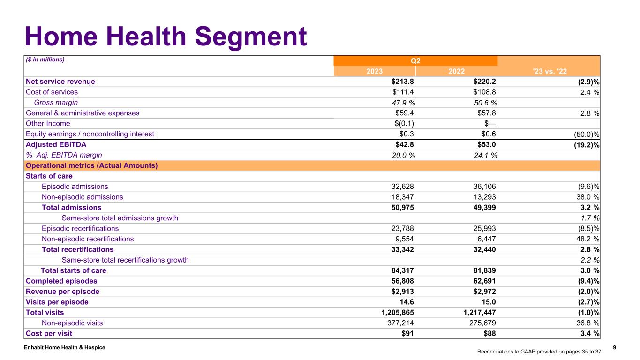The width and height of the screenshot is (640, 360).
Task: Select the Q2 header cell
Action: click(x=415, y=60)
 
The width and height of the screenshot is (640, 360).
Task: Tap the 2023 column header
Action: click(x=374, y=71)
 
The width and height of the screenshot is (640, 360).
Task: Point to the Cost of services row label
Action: click(x=52, y=92)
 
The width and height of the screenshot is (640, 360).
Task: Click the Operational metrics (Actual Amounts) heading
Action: click(x=92, y=165)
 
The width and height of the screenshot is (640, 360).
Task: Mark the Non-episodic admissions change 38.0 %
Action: click(x=584, y=197)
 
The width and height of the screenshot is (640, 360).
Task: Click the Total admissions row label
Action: click(x=71, y=207)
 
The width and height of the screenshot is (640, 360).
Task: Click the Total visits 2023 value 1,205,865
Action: click(x=392, y=312)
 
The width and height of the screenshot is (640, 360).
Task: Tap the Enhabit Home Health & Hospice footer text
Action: click(x=66, y=347)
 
